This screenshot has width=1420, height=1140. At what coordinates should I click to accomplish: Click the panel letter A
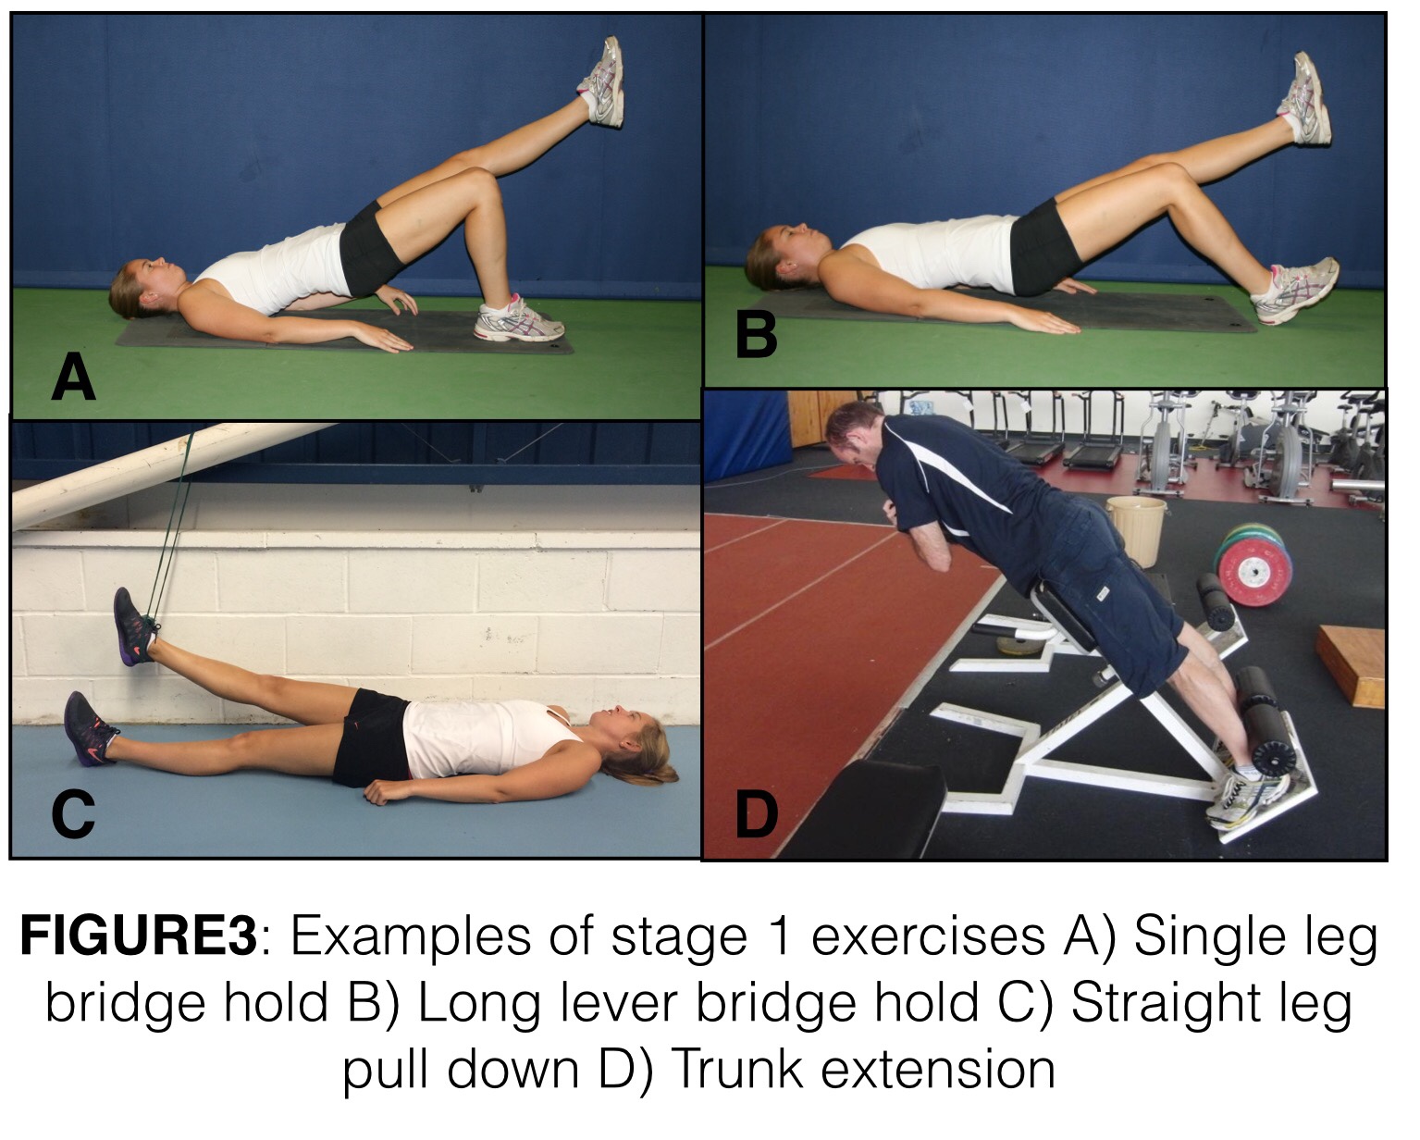[x=74, y=377]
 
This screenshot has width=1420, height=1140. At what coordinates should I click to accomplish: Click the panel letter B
[x=756, y=335]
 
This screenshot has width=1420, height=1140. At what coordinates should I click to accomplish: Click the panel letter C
[x=73, y=815]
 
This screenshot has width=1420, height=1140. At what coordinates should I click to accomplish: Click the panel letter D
[x=756, y=815]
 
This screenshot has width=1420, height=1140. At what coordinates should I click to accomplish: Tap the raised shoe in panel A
[x=603, y=81]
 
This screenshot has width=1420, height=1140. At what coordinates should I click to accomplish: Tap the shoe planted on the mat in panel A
[x=519, y=319]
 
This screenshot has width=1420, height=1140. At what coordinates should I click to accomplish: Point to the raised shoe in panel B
[x=1303, y=99]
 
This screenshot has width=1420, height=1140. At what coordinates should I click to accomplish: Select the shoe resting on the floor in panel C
[x=90, y=728]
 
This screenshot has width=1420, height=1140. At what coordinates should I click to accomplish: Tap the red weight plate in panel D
[x=1253, y=570]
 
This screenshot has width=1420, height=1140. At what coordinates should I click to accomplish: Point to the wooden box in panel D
[x=1350, y=664]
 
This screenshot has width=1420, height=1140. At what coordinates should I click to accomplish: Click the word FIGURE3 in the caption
[x=139, y=936]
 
